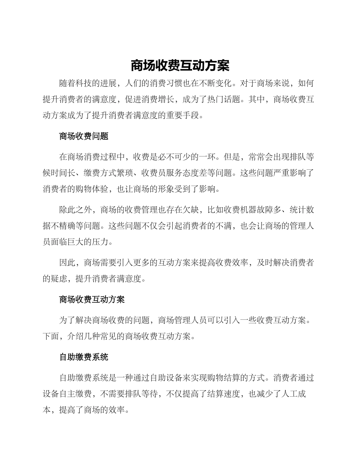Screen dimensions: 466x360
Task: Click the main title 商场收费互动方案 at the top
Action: click(180, 66)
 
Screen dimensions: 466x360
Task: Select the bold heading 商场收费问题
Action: click(84, 136)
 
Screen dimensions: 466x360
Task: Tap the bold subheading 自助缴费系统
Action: click(84, 357)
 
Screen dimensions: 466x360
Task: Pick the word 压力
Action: click(100, 241)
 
